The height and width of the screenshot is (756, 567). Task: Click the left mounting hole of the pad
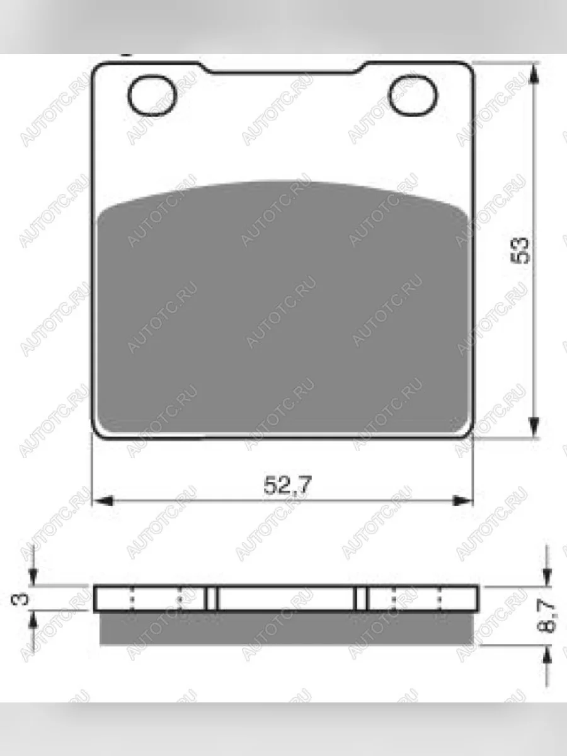pyautogui.click(x=152, y=95)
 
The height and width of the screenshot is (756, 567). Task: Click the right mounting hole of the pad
pyautogui.click(x=413, y=95)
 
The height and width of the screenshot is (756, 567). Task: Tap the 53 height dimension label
pyautogui.click(x=520, y=251)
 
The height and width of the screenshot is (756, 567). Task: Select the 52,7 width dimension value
pyautogui.click(x=287, y=484)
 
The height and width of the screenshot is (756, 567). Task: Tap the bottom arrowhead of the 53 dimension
pyautogui.click(x=534, y=427)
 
